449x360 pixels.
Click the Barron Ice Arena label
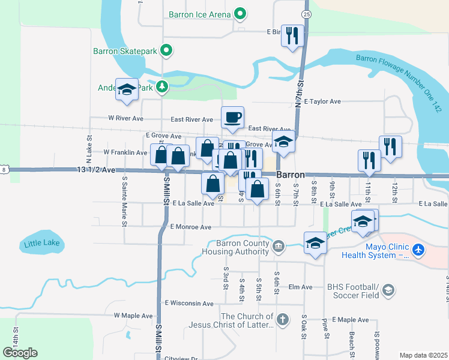point(200,13)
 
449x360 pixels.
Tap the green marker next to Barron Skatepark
point(167,51)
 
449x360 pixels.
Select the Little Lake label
point(41,244)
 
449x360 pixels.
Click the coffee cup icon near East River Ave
point(232,116)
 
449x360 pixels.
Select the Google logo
point(19,353)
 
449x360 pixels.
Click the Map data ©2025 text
point(423,355)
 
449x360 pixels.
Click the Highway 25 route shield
point(307,13)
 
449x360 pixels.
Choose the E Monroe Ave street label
point(191,227)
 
